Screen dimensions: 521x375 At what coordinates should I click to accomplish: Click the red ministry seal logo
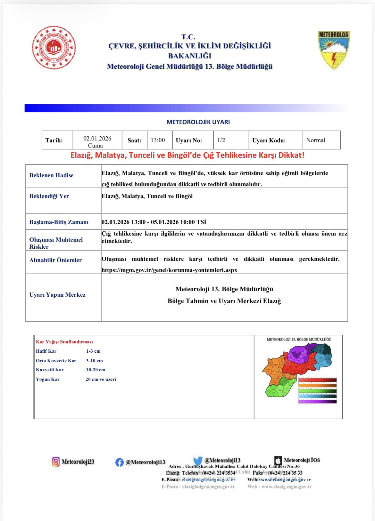[54, 48]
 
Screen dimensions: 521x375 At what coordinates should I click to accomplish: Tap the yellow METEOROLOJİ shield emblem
[333, 50]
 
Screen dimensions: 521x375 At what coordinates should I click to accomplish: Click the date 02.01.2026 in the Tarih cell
[97, 139]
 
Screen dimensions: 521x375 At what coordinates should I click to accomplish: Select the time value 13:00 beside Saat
[158, 140]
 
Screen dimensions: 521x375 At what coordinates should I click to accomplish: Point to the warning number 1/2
[221, 140]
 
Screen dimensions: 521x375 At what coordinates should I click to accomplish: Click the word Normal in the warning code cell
[315, 140]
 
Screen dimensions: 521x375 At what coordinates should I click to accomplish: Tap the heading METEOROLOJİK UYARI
[198, 122]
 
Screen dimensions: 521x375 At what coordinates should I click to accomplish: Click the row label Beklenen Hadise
[51, 175]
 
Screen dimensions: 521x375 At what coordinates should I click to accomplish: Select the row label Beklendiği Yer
[49, 196]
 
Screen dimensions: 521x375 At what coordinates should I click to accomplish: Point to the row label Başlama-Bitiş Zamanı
[59, 222]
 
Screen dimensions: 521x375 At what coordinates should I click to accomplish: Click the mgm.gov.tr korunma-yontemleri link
[169, 270]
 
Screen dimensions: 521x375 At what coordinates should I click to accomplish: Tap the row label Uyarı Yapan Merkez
[57, 295]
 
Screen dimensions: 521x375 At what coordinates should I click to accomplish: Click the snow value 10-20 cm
[96, 370]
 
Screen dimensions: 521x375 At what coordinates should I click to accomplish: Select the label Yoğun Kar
[48, 379]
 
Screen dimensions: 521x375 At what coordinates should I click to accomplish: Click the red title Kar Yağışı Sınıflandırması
[64, 342]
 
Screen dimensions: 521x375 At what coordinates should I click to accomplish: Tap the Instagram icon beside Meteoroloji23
[56, 462]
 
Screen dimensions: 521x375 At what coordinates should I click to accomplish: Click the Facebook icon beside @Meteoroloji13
[119, 462]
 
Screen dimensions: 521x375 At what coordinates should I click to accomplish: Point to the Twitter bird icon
[198, 461]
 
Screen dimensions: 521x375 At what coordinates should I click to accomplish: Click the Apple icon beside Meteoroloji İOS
[278, 461]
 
